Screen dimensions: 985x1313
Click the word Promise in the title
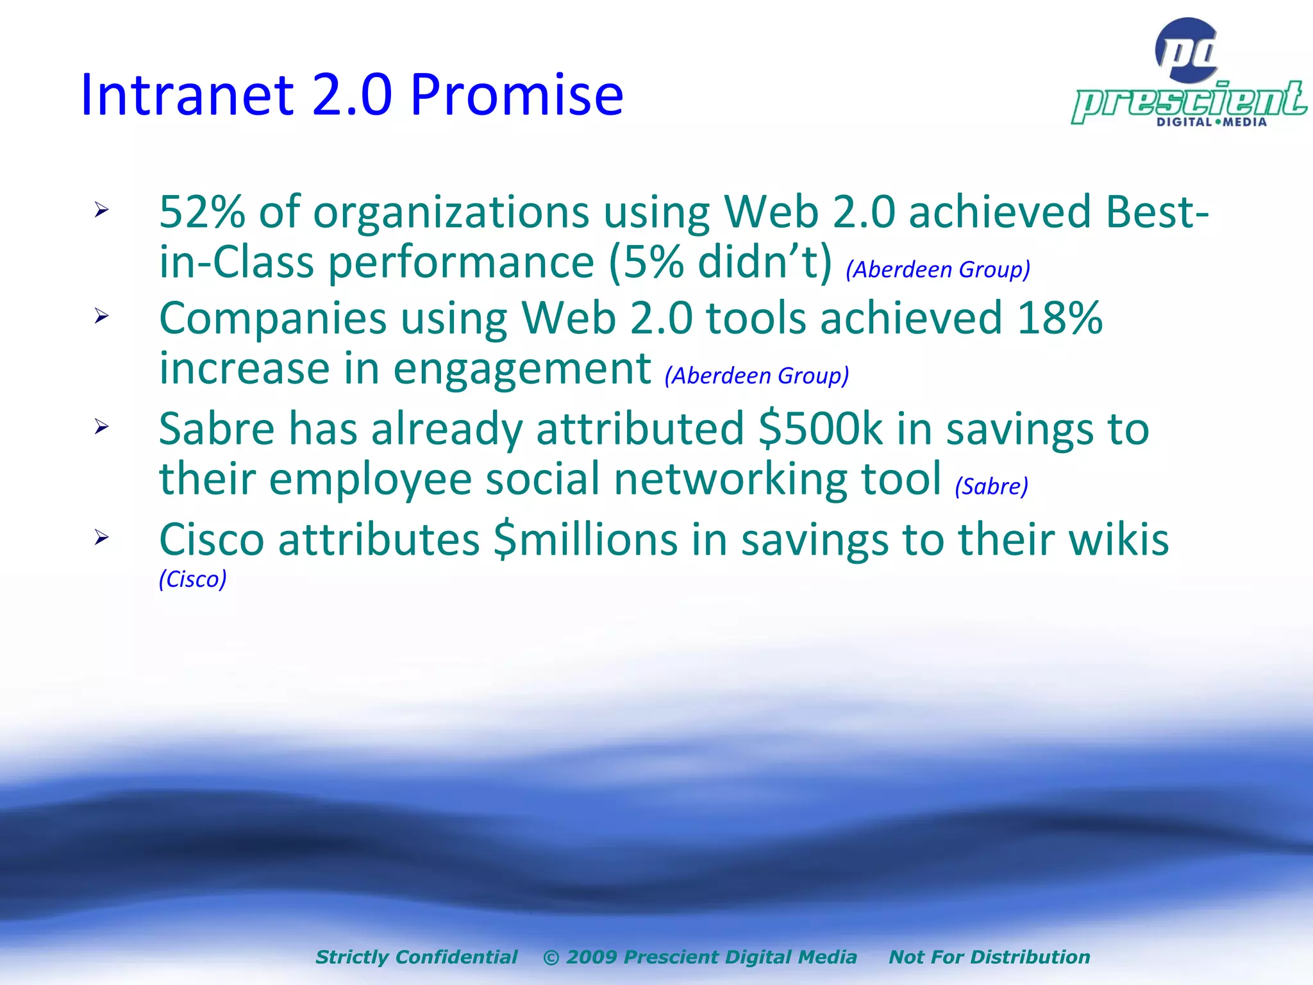(x=516, y=95)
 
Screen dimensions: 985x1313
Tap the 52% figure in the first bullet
(x=201, y=212)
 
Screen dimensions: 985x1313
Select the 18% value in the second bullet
(x=1059, y=318)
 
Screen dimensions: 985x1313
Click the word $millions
(x=585, y=539)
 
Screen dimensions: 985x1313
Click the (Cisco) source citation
(x=192, y=579)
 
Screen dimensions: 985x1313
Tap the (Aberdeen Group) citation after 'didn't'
(x=937, y=269)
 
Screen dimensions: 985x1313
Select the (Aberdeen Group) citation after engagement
(x=757, y=376)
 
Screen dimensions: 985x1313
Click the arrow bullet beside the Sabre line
(x=101, y=426)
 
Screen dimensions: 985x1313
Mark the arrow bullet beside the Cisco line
(x=101, y=537)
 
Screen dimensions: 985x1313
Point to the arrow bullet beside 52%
(x=101, y=210)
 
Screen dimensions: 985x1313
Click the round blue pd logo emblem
(x=1187, y=50)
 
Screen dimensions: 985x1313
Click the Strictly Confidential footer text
(x=416, y=957)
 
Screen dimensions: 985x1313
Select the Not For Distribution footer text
(x=989, y=957)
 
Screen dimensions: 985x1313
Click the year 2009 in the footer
(x=592, y=957)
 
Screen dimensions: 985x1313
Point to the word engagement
(x=522, y=369)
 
